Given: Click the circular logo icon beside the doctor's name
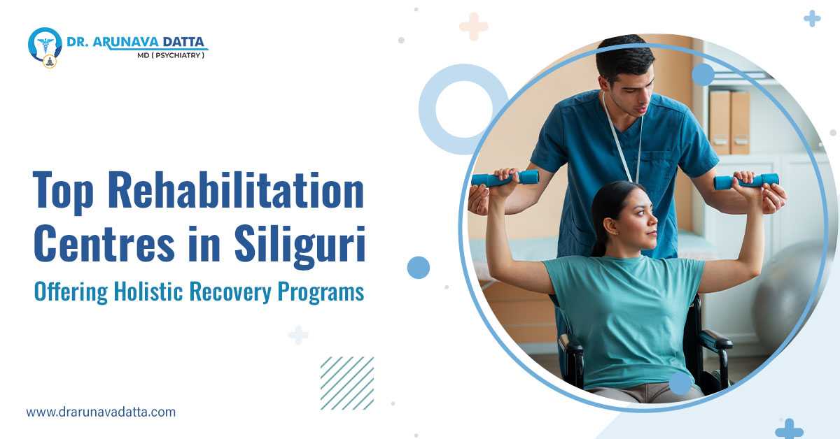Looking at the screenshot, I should click(x=45, y=45).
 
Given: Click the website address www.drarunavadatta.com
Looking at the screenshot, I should click(x=101, y=412).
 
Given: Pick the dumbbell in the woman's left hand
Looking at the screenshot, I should click(x=746, y=181).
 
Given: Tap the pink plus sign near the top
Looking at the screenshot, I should click(x=473, y=26).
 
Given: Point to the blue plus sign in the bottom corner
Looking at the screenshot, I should click(x=789, y=428).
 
